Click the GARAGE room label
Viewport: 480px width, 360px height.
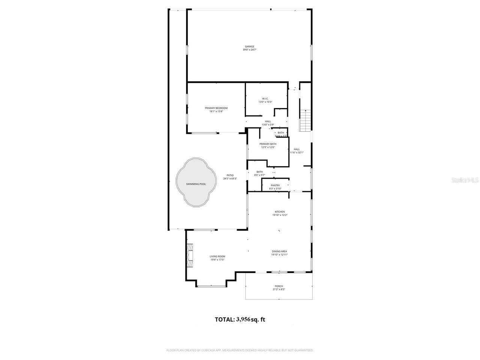pos(249,46)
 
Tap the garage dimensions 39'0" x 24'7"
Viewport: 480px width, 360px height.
pos(249,50)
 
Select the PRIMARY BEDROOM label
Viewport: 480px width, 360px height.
pos(216,108)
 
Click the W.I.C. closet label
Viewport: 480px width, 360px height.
pos(265,99)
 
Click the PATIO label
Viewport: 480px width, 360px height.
pos(230,175)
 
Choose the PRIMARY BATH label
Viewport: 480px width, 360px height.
pos(268,144)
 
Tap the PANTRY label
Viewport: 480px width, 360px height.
pos(275,185)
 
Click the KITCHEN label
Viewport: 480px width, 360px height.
pos(280,212)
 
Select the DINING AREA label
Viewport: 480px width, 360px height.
pos(279,251)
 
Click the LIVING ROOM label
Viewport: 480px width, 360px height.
pos(217,256)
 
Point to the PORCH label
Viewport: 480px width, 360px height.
pos(278,286)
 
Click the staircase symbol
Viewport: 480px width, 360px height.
pos(305,120)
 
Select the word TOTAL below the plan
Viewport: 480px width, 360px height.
pos(224,319)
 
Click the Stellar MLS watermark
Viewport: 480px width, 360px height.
pos(465,180)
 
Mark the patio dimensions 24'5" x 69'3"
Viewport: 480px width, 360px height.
pos(230,178)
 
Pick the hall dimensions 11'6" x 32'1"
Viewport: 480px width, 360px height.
pos(297,152)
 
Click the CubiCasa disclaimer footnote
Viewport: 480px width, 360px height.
pos(240,350)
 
